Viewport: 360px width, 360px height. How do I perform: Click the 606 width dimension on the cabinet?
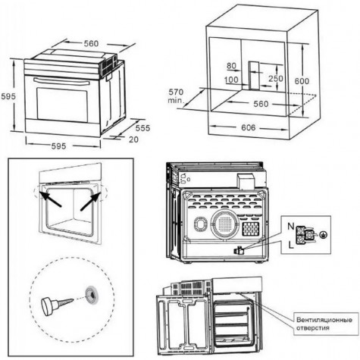click(x=248, y=127)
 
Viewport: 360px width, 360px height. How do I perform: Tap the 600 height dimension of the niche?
click(x=302, y=81)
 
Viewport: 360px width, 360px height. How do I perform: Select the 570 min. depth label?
click(x=176, y=95)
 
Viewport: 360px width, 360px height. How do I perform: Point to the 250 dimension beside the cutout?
click(x=276, y=79)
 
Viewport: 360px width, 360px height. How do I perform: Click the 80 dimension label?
click(x=231, y=66)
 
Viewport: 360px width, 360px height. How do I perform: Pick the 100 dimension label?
click(x=231, y=80)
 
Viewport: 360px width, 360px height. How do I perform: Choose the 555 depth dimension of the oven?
click(x=142, y=128)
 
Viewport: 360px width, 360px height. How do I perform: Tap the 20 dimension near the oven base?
click(x=133, y=139)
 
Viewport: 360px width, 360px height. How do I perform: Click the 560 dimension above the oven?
click(x=91, y=44)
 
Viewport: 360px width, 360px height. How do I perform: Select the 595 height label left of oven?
click(x=8, y=96)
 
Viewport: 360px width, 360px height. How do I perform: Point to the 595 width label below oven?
click(x=58, y=146)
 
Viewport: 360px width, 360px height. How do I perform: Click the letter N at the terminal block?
click(x=291, y=227)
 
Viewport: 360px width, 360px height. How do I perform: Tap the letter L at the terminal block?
click(x=291, y=245)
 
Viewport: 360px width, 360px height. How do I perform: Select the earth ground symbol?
click(x=323, y=235)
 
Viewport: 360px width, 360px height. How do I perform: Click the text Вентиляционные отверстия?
click(x=324, y=324)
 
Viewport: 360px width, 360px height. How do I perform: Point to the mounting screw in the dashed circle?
click(x=57, y=305)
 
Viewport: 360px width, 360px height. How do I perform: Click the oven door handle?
click(x=61, y=82)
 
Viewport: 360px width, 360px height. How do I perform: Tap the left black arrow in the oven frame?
click(x=50, y=199)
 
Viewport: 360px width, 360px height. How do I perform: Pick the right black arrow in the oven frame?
click(x=90, y=201)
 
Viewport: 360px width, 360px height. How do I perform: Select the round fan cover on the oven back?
click(x=225, y=224)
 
